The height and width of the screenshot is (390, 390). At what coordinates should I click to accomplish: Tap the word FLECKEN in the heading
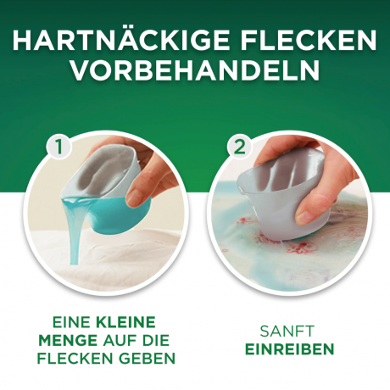309,41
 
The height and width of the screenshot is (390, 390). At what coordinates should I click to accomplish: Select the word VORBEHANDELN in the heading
195,70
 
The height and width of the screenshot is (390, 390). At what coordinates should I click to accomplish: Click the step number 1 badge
59,147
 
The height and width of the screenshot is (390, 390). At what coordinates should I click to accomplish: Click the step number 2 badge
240,147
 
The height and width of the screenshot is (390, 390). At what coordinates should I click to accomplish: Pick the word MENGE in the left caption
68,340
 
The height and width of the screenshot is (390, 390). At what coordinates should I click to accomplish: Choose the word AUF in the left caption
120,340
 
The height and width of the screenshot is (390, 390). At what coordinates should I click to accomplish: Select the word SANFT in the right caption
287,331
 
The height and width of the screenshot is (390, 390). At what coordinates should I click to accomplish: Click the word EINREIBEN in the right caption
290,349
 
